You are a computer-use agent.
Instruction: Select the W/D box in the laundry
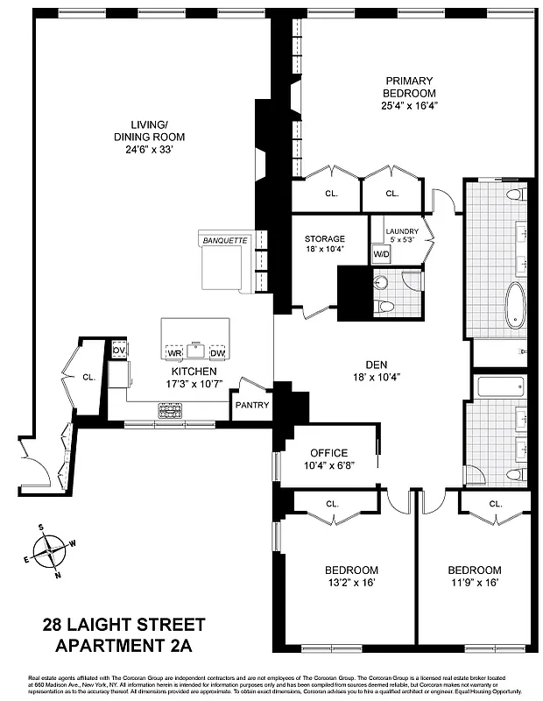pyautogui.click(x=381, y=255)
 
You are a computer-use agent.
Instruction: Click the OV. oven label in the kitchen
pyautogui.click(x=120, y=350)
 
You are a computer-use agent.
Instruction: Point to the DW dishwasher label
pyautogui.click(x=217, y=353)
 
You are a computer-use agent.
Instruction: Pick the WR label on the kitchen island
pyautogui.click(x=174, y=353)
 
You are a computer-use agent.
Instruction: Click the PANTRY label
pyautogui.click(x=251, y=405)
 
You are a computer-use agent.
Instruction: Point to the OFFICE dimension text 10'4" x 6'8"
pyautogui.click(x=325, y=465)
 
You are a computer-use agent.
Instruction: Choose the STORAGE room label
pyautogui.click(x=324, y=238)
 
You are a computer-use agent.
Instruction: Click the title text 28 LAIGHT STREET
pyautogui.click(x=124, y=625)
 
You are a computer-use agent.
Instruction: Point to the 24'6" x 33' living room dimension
pyautogui.click(x=148, y=149)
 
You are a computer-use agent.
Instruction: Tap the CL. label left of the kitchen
pyautogui.click(x=88, y=378)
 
